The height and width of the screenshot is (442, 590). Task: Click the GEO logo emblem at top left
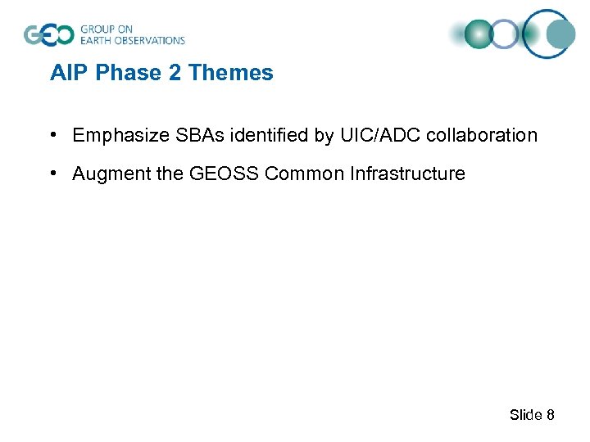49,35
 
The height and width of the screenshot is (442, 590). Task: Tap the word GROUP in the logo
97,29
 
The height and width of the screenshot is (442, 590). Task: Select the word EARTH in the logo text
97,40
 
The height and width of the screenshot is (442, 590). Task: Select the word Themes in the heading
231,73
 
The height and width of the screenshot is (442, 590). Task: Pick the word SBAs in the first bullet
191,135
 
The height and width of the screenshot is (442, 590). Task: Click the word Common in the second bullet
311,174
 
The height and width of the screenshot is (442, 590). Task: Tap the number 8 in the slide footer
551,415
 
